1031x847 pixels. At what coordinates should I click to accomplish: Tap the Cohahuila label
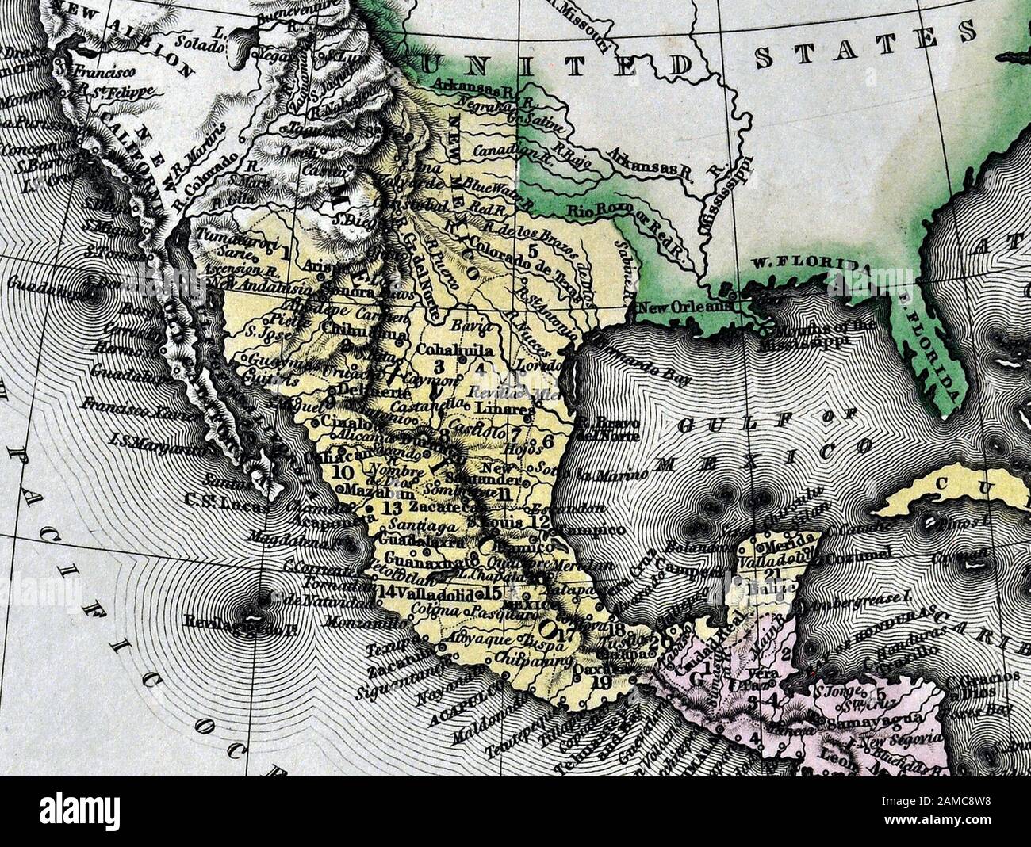click(455, 349)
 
